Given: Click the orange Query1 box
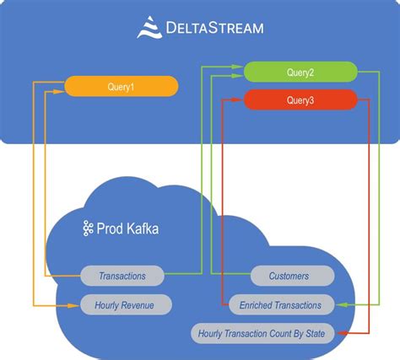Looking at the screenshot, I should coord(122,85).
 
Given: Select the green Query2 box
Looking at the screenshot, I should coord(300,73).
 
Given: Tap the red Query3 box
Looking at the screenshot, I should coord(300,100).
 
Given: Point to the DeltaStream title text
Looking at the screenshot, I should coord(214,29).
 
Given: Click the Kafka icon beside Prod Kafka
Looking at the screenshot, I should coord(87,228).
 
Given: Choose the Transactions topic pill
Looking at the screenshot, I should coord(122,276).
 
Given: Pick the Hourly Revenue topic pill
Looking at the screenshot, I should coord(126,304).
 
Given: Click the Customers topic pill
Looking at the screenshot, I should coord(292,276).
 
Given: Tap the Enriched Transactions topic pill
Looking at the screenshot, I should coord(281,304).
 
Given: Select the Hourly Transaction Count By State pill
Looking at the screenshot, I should coord(262,333).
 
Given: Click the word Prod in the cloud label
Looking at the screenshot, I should coord(111,228).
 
